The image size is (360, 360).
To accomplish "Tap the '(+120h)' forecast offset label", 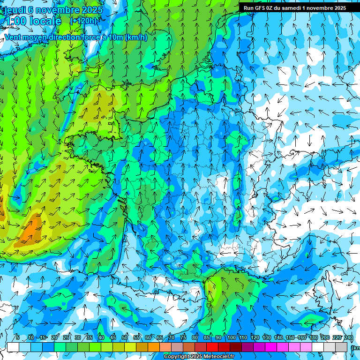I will tap(84, 21).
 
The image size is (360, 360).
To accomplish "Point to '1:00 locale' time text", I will tap(33, 21).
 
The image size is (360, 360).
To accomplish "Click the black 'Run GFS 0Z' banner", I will tap(294, 8).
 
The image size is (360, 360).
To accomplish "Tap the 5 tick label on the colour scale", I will tap(18, 337).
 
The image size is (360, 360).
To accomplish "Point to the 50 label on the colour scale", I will tap(125, 337).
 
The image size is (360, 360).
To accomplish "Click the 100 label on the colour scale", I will tap(231, 337).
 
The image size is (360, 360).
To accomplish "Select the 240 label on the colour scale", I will tap(349, 337).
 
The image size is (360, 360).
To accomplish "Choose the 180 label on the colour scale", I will tap(313, 337).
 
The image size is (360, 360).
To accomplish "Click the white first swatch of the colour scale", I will tap(13, 347).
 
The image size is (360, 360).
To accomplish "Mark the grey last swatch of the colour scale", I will tap(342, 347).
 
